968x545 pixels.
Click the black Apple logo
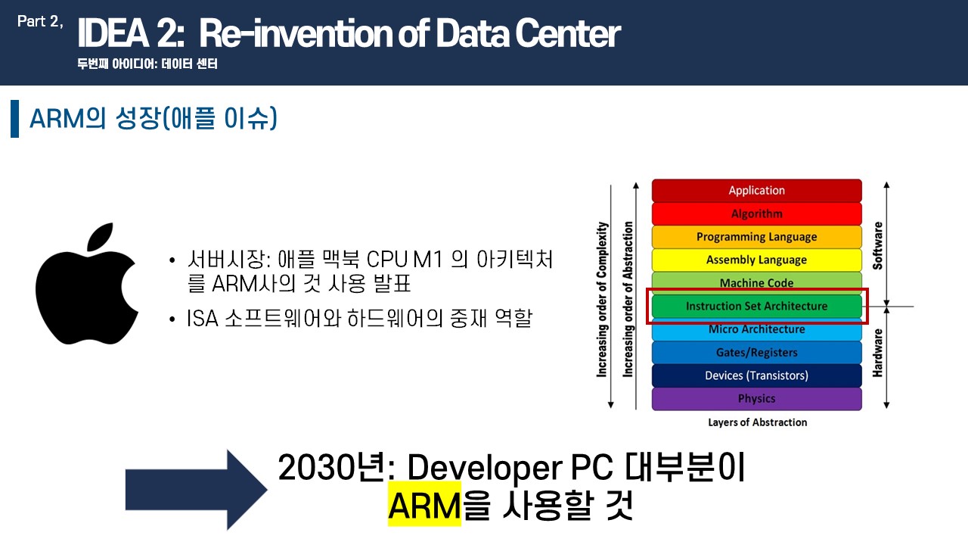point(86,294)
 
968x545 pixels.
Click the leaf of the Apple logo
point(101,236)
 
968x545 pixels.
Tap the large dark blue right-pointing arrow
point(196,490)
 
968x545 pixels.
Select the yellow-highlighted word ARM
point(424,504)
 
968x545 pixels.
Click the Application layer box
point(757,190)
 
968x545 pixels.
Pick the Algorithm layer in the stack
point(757,213)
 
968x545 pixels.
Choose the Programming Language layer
point(757,237)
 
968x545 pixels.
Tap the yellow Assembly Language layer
point(757,260)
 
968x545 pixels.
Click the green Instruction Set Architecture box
point(757,307)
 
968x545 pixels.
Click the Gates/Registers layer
point(757,353)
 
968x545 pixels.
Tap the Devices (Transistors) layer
point(757,375)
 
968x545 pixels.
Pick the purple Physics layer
point(757,399)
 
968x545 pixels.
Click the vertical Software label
point(877,246)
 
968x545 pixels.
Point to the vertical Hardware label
point(877,353)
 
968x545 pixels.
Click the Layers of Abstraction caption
point(757,422)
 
